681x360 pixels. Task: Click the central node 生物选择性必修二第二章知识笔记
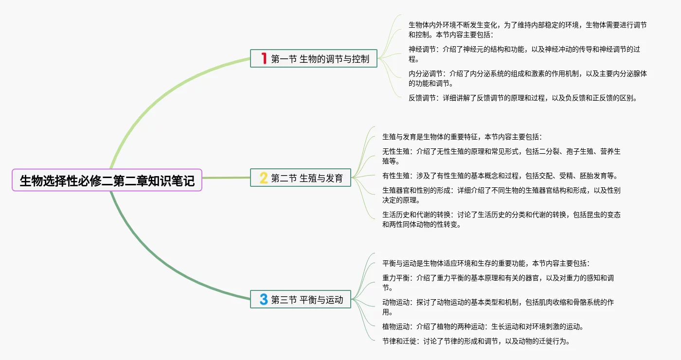(x=107, y=180)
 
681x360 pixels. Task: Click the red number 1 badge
(x=264, y=59)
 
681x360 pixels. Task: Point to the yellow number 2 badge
(x=264, y=178)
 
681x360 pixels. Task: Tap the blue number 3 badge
(x=264, y=300)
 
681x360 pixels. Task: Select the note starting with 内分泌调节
(x=527, y=78)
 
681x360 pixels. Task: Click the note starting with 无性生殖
(x=501, y=156)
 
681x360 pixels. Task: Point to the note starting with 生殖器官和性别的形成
(x=501, y=195)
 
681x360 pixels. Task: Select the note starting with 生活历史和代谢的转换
(x=501, y=219)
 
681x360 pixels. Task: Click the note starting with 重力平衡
(x=498, y=283)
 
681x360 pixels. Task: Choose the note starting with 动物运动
(x=498, y=307)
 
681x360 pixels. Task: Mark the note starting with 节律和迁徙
(x=476, y=341)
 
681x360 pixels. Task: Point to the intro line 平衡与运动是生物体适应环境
(x=486, y=263)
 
